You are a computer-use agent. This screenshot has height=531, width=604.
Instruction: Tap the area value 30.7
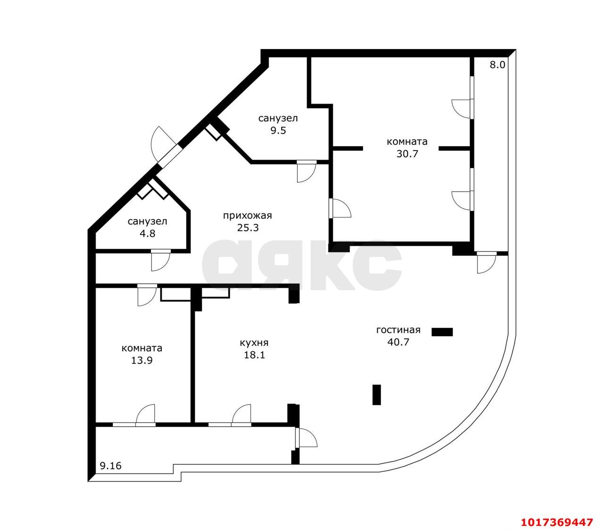tap(407, 154)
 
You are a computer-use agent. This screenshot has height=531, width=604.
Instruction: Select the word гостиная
tap(398, 330)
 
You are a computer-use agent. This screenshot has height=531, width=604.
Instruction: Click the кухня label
tap(254, 343)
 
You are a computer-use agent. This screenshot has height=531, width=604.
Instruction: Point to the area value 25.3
tap(248, 228)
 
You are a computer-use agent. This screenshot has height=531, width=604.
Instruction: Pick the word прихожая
tap(247, 216)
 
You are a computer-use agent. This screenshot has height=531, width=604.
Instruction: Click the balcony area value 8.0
tap(497, 65)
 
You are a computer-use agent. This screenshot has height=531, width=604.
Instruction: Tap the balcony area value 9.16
tap(110, 466)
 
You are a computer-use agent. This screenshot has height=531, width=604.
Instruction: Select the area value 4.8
tap(147, 234)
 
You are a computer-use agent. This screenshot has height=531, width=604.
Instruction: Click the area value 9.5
tap(278, 131)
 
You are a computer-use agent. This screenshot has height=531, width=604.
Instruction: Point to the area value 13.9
tap(142, 360)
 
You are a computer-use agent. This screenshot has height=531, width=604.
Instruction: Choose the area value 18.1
tap(254, 355)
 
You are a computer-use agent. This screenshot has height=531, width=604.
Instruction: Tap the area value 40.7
tap(398, 342)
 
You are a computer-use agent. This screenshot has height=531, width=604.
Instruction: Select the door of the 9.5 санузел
tap(306, 171)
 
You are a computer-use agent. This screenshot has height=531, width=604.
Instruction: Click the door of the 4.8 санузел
tap(160, 260)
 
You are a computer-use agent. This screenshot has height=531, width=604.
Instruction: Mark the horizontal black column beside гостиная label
tap(442, 332)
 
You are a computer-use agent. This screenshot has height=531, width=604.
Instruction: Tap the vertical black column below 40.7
tap(377, 395)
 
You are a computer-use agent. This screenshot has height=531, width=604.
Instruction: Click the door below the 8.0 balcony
tap(487, 262)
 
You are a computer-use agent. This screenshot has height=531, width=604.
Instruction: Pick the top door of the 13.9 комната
tap(147, 295)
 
